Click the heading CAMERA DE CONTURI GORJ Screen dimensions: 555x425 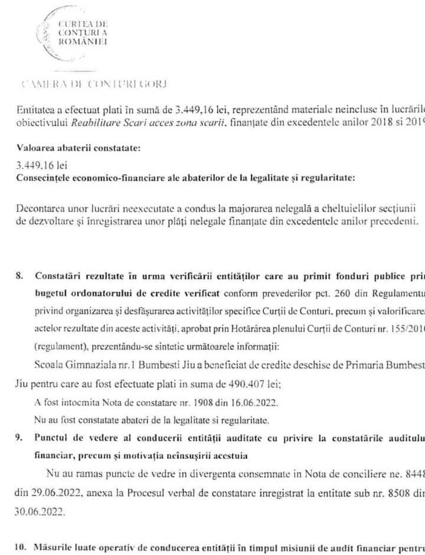pyautogui.click(x=93, y=83)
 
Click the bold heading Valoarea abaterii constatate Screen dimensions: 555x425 pyautogui.click(x=79, y=149)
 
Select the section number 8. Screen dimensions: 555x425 pyautogui.click(x=20, y=275)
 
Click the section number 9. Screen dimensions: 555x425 pyautogui.click(x=20, y=436)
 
